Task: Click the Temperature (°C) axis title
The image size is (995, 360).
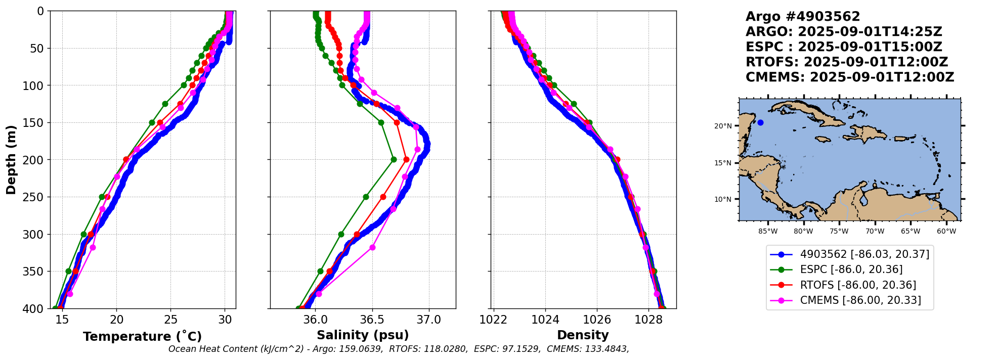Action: [x=142, y=336]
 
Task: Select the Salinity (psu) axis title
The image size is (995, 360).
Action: [x=363, y=335]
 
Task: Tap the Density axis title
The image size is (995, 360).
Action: [x=583, y=335]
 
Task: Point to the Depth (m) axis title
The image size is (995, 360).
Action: [x=11, y=160]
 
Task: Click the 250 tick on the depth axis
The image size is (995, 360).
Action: [x=36, y=197]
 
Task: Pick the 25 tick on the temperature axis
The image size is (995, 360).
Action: [x=171, y=320]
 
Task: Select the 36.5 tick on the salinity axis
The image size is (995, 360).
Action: [x=372, y=320]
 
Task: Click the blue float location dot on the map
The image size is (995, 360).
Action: [x=760, y=122]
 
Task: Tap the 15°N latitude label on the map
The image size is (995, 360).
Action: [x=723, y=163]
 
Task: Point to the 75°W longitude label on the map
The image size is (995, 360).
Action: [x=839, y=232]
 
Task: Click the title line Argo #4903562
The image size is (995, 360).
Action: [x=802, y=17]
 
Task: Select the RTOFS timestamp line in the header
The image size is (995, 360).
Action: [x=846, y=62]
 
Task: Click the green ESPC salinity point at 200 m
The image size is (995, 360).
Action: [x=394, y=160]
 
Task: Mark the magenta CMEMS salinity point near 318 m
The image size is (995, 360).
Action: [x=372, y=247]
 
